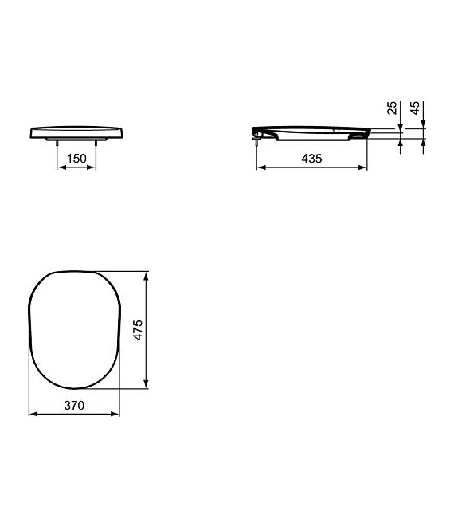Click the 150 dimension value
[76, 159]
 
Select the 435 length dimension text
[311, 159]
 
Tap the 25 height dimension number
[392, 108]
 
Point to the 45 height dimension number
[413, 108]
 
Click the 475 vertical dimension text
[137, 331]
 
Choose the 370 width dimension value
[74, 405]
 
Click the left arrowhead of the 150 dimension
[60, 168]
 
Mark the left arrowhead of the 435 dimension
[260, 168]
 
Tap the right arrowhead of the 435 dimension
[364, 168]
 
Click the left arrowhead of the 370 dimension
[32, 415]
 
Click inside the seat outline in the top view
[74, 331]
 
